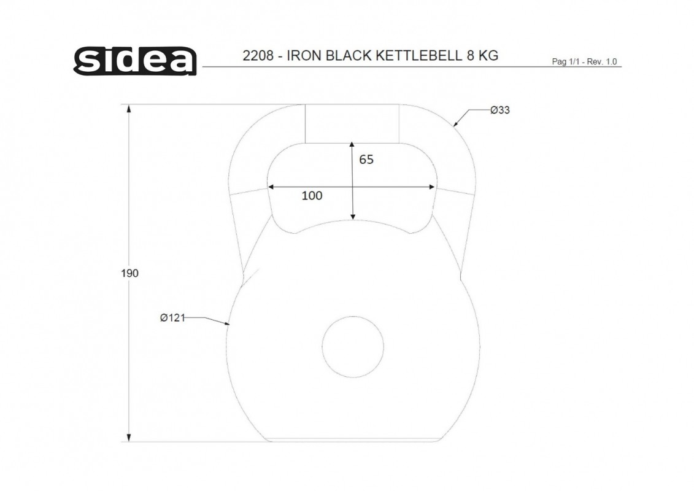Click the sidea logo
(135, 61)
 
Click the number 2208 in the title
(258, 56)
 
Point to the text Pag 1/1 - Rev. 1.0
(584, 61)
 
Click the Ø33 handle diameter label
(500, 110)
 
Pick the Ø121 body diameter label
(172, 317)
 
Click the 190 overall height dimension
(129, 273)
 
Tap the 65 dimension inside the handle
(366, 160)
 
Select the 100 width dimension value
(312, 196)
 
